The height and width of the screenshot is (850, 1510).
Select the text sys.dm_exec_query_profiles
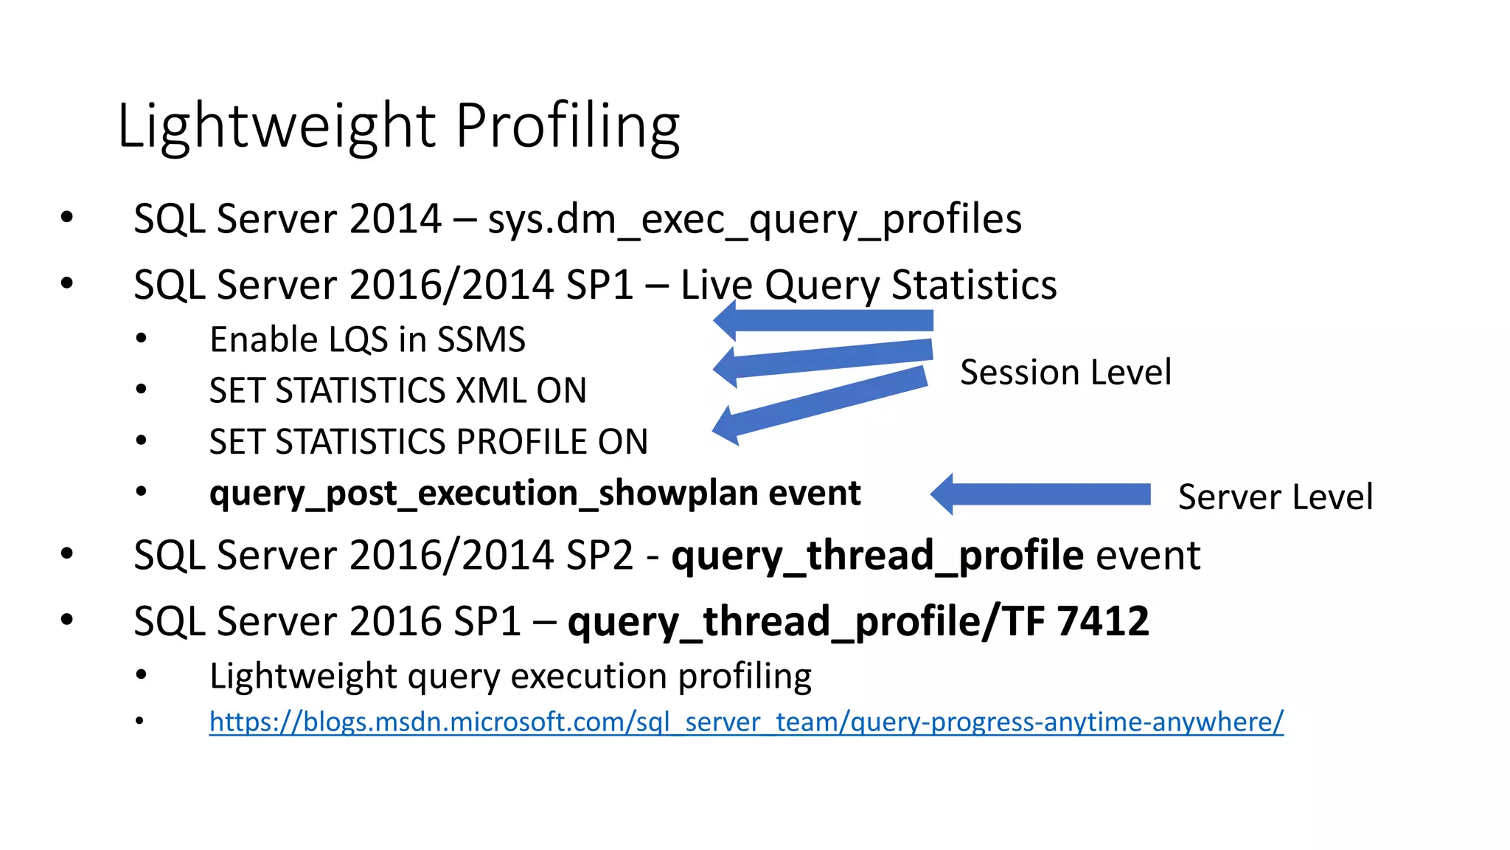click(x=754, y=219)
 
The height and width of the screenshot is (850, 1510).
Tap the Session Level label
click(x=1065, y=372)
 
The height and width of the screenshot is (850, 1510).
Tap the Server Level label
click(x=1275, y=497)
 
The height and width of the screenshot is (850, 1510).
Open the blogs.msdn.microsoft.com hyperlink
click(x=745, y=722)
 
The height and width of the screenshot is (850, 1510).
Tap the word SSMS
click(x=481, y=340)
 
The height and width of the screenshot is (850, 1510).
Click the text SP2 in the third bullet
click(x=598, y=555)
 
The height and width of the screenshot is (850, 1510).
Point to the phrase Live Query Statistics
click(x=868, y=285)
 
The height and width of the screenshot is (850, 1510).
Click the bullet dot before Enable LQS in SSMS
click(x=142, y=339)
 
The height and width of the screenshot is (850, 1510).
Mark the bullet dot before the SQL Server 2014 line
click(x=67, y=218)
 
